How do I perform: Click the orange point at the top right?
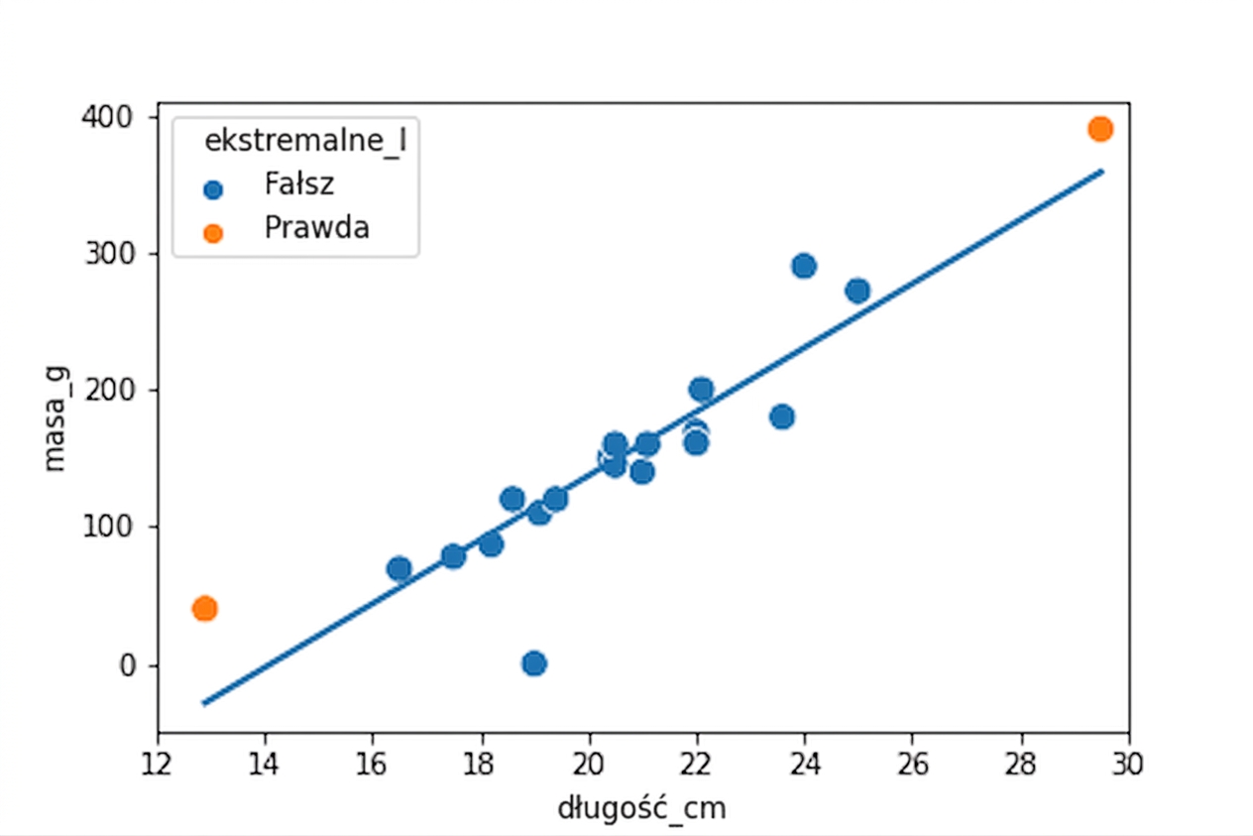1099,129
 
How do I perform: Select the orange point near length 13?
205,608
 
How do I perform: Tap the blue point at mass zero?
534,663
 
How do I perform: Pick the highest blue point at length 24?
804,266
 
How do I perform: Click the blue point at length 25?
857,291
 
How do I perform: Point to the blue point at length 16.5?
399,569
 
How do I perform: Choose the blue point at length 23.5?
782,417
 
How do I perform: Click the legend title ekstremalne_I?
305,141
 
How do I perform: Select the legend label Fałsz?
299,184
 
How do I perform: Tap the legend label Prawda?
316,227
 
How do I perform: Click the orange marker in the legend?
212,233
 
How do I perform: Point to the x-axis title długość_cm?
641,807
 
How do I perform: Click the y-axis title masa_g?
56,418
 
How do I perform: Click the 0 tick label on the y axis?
128,665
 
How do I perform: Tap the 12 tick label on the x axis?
157,765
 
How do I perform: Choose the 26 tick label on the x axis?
913,765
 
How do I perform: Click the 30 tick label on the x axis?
1128,765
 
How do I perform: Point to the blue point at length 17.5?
453,556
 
